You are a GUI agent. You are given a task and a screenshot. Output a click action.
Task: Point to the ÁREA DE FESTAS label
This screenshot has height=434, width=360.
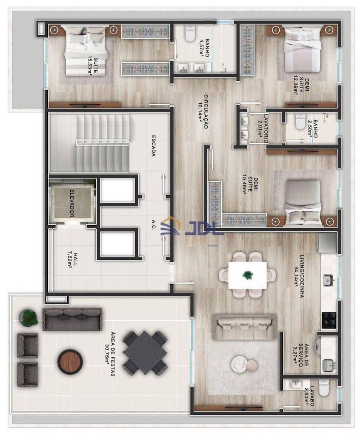[110, 354]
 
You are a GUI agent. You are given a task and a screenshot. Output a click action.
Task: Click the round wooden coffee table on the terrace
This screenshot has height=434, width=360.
[69, 361]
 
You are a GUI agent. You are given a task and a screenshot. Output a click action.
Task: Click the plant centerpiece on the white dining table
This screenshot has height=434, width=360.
[247, 274]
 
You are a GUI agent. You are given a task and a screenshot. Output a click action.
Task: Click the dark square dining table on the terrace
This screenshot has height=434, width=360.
[145, 352]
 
